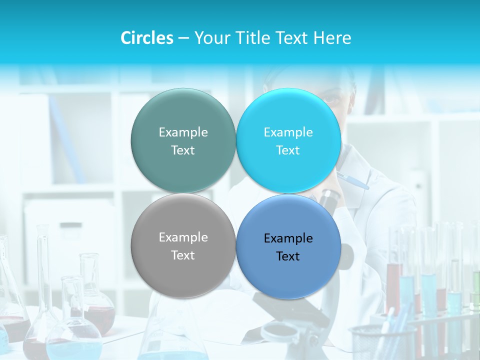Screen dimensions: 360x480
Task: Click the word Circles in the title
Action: [146, 38]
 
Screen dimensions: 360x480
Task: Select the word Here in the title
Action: [332, 38]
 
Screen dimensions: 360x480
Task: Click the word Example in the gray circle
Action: [183, 237]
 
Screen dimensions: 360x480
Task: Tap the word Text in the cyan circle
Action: [288, 150]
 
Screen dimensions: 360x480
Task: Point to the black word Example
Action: [288, 238]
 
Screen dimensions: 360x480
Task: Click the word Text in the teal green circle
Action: [183, 150]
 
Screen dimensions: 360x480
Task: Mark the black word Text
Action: [288, 256]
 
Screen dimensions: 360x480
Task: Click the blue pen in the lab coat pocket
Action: [353, 180]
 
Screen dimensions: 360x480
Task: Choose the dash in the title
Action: [183, 38]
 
